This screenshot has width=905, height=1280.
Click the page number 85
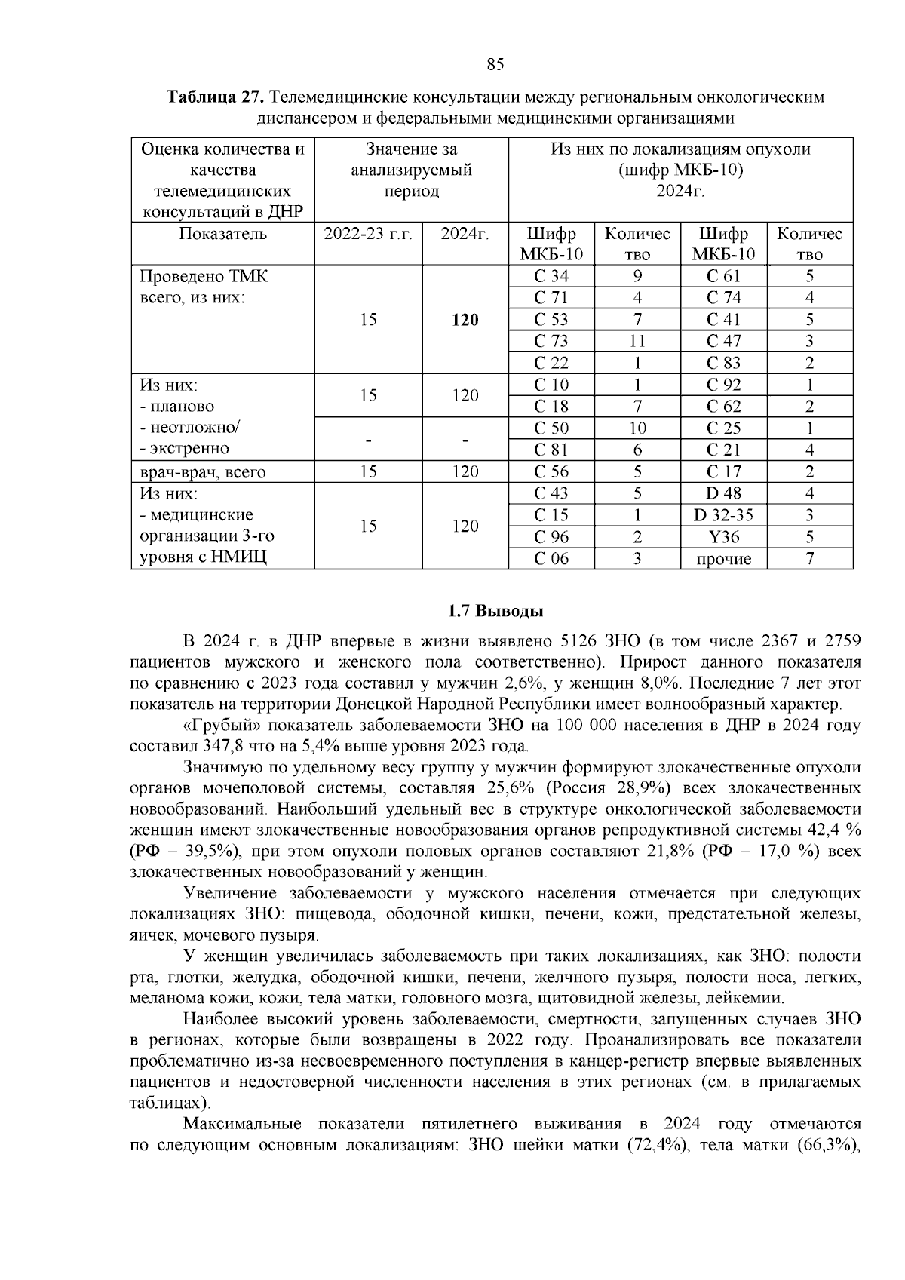[495, 64]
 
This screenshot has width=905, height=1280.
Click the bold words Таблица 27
[215, 98]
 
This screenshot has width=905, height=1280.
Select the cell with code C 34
[551, 276]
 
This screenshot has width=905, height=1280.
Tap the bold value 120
[465, 320]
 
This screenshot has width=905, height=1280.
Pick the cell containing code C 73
[551, 342]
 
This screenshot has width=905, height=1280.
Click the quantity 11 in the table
[637, 342]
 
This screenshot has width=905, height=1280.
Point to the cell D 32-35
[723, 515]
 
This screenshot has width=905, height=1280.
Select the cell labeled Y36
[723, 537]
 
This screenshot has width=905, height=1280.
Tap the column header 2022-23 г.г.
[368, 234]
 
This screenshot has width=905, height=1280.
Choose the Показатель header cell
[222, 234]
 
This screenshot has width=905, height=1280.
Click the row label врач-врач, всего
[203, 472]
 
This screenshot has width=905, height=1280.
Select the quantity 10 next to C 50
[637, 428]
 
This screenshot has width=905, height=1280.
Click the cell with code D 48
[723, 493]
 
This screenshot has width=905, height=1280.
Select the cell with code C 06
[551, 559]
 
